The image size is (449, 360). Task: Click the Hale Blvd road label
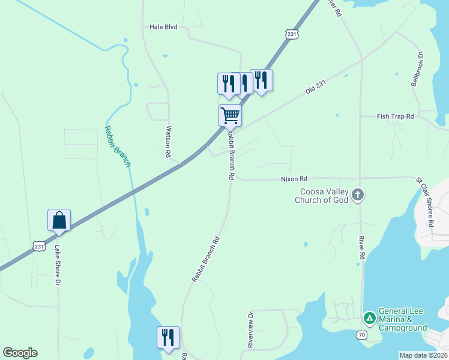pyautogui.click(x=163, y=27)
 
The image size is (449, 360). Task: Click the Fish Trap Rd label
pyautogui.click(x=396, y=116)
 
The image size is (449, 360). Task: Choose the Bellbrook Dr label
pyautogui.click(x=418, y=69)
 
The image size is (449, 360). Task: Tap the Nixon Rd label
pyautogui.click(x=294, y=179)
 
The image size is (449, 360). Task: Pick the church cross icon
pyautogui.click(x=358, y=194)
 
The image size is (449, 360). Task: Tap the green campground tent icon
pyautogui.click(x=370, y=317)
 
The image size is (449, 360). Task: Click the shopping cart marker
pyautogui.click(x=230, y=115)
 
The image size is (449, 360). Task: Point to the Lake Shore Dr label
pyautogui.click(x=58, y=265)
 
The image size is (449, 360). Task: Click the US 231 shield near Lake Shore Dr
pyautogui.click(x=38, y=246)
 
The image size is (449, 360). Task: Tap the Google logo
pyautogui.click(x=20, y=353)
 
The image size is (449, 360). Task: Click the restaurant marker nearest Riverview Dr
pyautogui.click(x=168, y=337)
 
